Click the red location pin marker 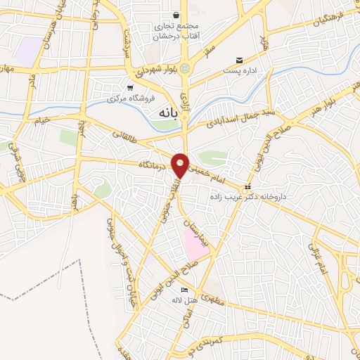click(x=181, y=165)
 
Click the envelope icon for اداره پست click(x=240, y=60)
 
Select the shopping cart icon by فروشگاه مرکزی click(x=130, y=88)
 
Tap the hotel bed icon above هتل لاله click(x=185, y=290)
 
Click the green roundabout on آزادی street click(x=185, y=68)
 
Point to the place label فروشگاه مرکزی click(x=112, y=98)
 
